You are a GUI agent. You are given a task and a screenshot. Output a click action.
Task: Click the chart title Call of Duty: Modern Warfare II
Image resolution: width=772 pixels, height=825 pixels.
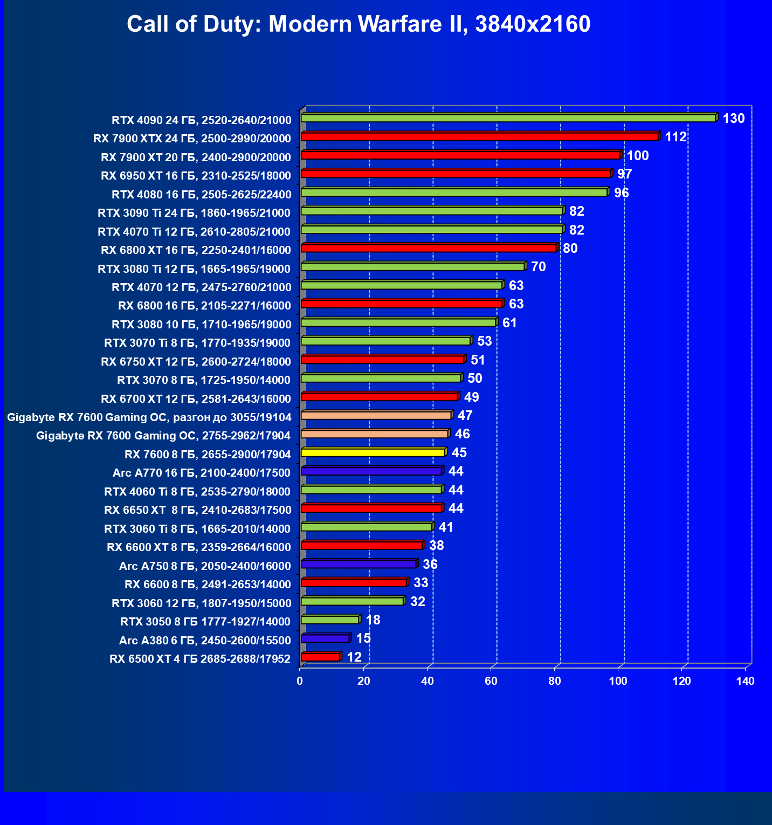(359, 24)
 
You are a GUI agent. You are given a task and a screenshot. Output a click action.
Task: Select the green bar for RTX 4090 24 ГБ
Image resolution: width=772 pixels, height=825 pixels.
(508, 118)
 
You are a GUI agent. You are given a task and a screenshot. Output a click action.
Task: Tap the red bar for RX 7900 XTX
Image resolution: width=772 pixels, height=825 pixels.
(479, 136)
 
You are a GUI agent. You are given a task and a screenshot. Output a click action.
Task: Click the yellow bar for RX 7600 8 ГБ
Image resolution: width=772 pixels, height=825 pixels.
(373, 452)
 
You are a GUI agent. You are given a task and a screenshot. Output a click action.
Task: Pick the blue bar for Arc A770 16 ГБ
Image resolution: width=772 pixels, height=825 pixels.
(371, 471)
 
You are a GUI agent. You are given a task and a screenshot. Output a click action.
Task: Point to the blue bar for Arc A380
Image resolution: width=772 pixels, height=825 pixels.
(325, 638)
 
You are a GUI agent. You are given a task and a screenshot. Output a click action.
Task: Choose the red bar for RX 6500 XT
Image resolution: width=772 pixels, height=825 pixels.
(320, 657)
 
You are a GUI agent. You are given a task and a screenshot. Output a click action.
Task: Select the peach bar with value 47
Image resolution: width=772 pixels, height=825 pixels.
(376, 415)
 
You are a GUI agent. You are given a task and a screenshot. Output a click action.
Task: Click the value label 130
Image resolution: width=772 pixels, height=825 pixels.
(733, 119)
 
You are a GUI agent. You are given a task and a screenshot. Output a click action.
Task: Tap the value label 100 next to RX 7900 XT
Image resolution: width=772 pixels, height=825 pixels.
(637, 156)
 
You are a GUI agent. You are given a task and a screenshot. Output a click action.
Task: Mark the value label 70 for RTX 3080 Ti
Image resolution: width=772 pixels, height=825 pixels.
(538, 267)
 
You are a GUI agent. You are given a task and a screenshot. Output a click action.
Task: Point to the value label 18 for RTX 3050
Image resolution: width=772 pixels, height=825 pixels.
(373, 620)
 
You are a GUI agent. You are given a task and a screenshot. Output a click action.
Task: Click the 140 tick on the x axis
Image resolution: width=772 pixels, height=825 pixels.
(745, 681)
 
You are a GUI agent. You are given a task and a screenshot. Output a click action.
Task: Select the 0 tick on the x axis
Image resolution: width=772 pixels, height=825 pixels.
(300, 681)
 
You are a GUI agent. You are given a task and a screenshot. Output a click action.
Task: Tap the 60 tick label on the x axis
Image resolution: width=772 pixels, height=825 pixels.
(491, 681)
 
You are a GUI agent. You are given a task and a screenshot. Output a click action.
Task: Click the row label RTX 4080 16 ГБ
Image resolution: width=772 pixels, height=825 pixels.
(201, 194)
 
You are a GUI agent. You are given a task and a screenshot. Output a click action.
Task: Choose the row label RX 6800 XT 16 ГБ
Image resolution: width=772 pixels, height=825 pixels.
(196, 250)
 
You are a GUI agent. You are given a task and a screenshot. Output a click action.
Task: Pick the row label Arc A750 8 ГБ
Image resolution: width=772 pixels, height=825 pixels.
(205, 566)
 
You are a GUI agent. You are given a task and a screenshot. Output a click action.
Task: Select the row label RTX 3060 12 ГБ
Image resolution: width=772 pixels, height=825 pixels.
(201, 603)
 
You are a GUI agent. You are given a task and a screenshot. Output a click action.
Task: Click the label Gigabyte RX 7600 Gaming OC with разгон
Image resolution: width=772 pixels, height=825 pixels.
(149, 417)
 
